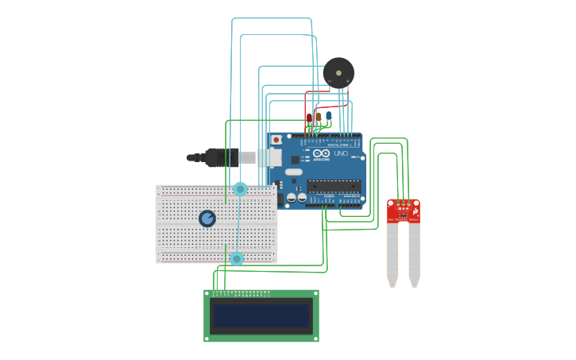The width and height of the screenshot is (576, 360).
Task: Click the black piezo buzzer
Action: pyautogui.click(x=338, y=73)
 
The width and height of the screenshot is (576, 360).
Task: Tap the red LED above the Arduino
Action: pyautogui.click(x=309, y=118)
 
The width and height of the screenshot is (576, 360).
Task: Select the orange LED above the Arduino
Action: pyautogui.click(x=319, y=117)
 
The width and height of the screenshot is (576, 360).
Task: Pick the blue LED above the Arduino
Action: pyautogui.click(x=328, y=116)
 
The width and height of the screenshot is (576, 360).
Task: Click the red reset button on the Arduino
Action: pyautogui.click(x=276, y=140)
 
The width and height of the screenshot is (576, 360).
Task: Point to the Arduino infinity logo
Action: pyautogui.click(x=320, y=153)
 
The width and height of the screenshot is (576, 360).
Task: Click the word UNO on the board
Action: pyautogui.click(x=340, y=153)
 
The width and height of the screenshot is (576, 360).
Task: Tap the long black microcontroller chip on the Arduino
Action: pyautogui.click(x=334, y=186)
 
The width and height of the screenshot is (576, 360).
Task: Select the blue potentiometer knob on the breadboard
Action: pyautogui.click(x=207, y=218)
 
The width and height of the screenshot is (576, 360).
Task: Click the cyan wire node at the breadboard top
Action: pyautogui.click(x=240, y=189)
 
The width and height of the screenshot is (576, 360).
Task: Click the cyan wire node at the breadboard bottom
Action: pyautogui.click(x=236, y=259)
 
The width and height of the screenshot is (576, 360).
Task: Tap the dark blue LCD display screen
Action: pyautogui.click(x=261, y=316)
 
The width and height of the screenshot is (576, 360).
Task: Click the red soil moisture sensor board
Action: pyautogui.click(x=403, y=211)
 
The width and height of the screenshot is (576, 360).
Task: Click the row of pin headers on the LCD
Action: pyautogui.click(x=242, y=293)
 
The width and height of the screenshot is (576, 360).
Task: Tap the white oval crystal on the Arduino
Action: pyautogui.click(x=294, y=172)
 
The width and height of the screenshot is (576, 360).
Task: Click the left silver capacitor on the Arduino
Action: pyautogui.click(x=292, y=197)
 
